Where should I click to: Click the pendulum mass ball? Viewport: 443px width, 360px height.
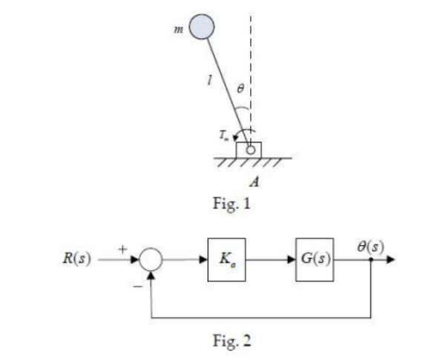coord(202,28)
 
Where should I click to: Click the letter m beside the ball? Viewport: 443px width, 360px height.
coord(178,30)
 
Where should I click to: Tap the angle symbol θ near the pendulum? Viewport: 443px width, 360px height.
coord(239,89)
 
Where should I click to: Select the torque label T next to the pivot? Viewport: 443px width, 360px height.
coord(223,134)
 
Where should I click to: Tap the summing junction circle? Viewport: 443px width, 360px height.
coord(151,261)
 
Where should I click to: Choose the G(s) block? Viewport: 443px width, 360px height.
coord(314,261)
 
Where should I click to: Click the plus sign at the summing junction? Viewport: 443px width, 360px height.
coord(124,249)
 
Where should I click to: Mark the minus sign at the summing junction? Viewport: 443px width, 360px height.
coord(137,282)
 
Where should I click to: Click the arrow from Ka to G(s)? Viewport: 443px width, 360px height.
coord(270,261)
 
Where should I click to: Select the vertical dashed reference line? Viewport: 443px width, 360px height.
coord(251,59)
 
